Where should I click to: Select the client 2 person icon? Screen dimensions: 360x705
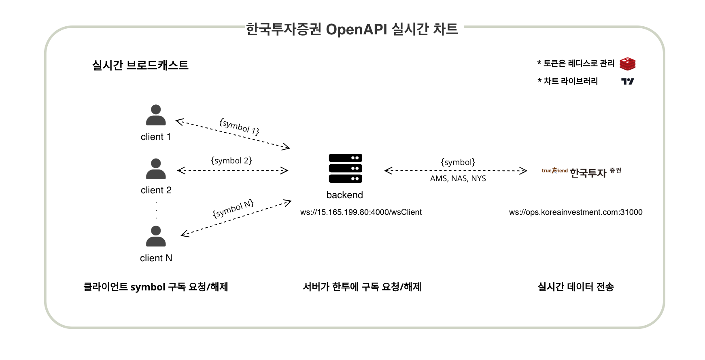156,169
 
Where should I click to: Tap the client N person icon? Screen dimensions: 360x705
156,237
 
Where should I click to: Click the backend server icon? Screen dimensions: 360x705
345,169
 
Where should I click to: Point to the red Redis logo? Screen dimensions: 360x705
627,64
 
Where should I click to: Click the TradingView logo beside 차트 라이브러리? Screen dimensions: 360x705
627,81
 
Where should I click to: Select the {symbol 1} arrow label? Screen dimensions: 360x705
239,127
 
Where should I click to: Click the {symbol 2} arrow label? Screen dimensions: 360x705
231,161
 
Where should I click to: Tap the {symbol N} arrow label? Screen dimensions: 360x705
233,209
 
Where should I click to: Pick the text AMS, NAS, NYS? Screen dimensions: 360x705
458,178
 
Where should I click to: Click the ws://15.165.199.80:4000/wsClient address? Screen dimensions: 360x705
361,212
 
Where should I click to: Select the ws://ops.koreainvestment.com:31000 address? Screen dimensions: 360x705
575,212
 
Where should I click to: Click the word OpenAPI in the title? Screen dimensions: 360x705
356,29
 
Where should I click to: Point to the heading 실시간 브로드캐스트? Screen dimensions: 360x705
140,65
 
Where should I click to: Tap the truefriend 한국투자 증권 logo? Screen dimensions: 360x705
581,172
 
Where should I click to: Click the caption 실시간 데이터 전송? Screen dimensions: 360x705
575,287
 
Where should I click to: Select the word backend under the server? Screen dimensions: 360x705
344,195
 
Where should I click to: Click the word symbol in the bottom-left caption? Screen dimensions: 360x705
148,287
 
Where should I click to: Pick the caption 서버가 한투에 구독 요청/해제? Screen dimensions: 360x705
362,287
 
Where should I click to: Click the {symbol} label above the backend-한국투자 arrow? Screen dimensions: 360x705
458,162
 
